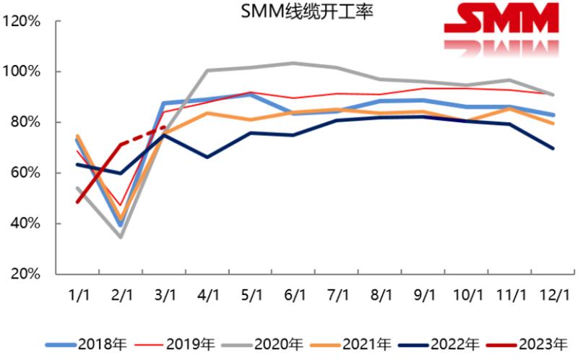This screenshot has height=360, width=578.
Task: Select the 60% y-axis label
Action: coord(25,173)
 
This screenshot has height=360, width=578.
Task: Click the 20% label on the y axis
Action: coord(25,275)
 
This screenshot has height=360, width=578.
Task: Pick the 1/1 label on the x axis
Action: coord(78,296)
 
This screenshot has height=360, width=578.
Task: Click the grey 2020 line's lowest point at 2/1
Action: coord(121,237)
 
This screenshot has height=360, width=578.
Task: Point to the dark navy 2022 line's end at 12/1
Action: coord(553,148)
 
